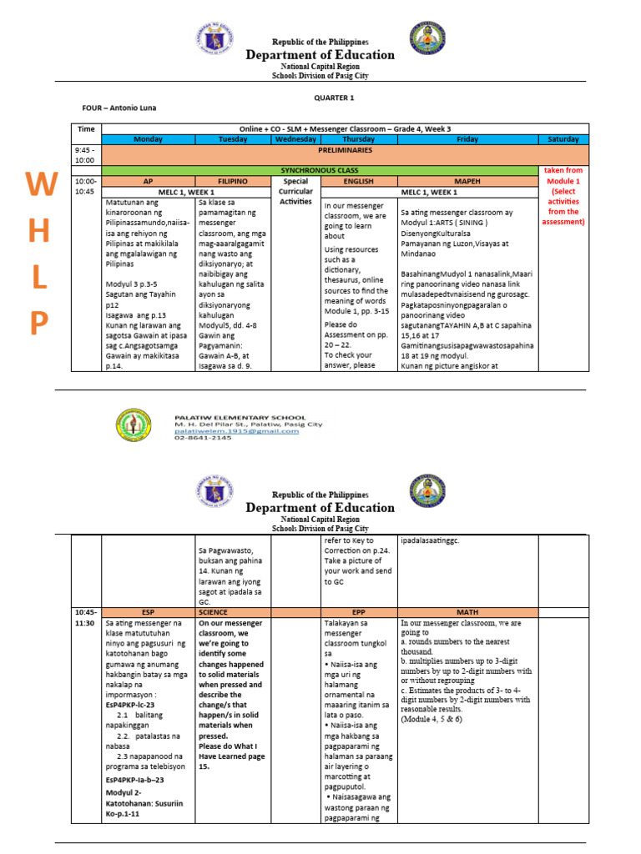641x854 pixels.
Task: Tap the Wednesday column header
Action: (295, 139)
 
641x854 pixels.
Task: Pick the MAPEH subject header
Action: (467, 180)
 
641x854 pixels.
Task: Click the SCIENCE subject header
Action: (213, 611)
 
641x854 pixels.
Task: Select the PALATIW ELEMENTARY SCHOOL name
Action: (240, 417)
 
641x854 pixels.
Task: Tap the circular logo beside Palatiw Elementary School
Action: (134, 425)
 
